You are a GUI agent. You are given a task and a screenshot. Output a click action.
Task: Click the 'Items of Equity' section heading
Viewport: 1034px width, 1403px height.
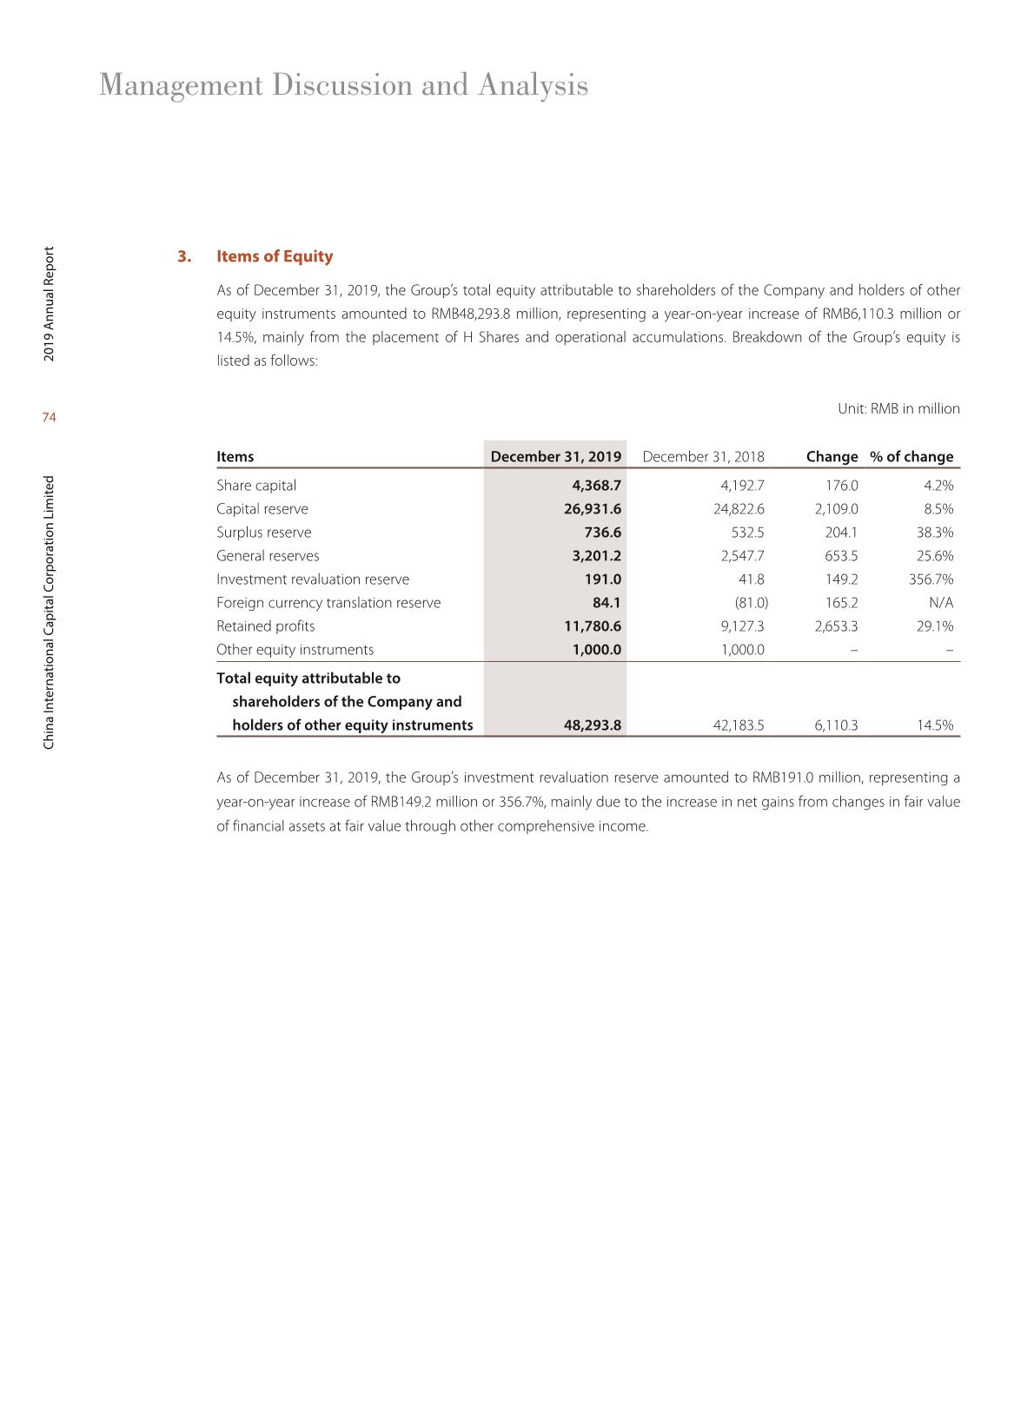[274, 256]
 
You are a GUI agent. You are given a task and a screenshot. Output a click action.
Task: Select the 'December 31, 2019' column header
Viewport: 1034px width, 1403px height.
[555, 457]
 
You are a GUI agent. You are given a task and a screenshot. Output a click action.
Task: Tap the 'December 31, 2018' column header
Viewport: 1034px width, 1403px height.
[703, 457]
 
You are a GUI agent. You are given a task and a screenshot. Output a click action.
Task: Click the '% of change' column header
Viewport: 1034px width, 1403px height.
[911, 457]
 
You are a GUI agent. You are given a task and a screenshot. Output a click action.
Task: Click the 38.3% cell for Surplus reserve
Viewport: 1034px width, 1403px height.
[935, 533]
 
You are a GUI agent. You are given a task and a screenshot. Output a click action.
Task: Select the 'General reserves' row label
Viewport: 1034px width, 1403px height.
[268, 556]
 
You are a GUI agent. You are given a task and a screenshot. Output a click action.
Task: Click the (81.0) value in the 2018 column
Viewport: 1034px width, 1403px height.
[751, 603]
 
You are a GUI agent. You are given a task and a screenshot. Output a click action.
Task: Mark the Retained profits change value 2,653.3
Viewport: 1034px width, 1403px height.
[836, 626]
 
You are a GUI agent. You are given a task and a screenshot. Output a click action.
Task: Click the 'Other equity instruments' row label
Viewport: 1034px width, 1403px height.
[295, 650]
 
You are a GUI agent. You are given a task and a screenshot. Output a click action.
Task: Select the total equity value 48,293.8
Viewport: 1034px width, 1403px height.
[593, 725]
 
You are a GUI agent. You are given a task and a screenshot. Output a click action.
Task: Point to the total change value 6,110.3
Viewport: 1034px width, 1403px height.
[836, 725]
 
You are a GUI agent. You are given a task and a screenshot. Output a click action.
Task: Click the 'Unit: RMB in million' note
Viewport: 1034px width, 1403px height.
[898, 409]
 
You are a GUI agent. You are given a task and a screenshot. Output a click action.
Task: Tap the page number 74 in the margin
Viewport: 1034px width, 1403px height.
[49, 418]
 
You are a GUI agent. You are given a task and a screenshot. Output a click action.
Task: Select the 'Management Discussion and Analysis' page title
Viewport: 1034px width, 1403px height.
[343, 85]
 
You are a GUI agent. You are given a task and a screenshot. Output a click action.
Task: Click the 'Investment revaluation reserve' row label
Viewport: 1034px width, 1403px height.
[313, 579]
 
